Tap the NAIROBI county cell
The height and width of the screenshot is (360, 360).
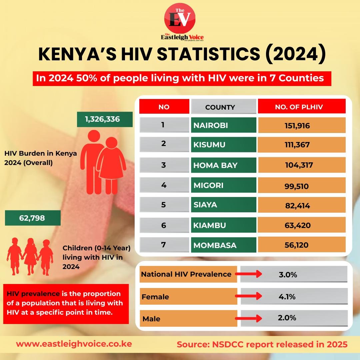(x=223, y=125)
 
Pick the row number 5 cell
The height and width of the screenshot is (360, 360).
(x=164, y=205)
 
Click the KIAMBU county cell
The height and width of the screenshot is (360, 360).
(x=223, y=225)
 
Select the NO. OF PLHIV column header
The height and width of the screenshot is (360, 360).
(x=302, y=107)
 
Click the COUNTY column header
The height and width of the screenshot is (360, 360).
(x=220, y=107)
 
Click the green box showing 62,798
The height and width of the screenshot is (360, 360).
(x=33, y=218)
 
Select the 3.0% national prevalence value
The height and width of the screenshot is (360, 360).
(x=288, y=275)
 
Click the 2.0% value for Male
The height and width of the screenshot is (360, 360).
(x=287, y=318)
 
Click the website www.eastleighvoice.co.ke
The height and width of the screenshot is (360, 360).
(x=74, y=344)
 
